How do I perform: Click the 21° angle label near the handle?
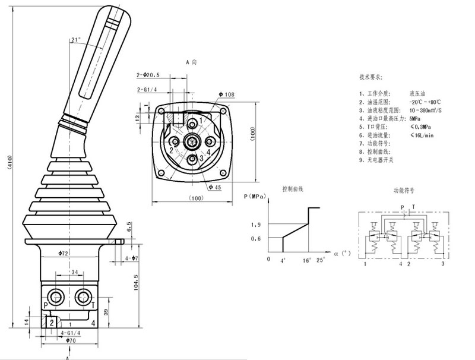click(x=75, y=40)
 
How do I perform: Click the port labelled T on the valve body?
click(x=93, y=305)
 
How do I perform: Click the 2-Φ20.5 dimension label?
click(x=149, y=75)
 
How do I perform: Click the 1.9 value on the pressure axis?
click(x=256, y=224)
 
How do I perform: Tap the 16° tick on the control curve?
click(x=306, y=260)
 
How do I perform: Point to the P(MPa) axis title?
click(x=255, y=196)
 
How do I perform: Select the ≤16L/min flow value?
click(x=422, y=135)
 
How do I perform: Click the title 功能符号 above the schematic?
click(x=404, y=191)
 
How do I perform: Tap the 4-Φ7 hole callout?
click(x=132, y=258)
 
